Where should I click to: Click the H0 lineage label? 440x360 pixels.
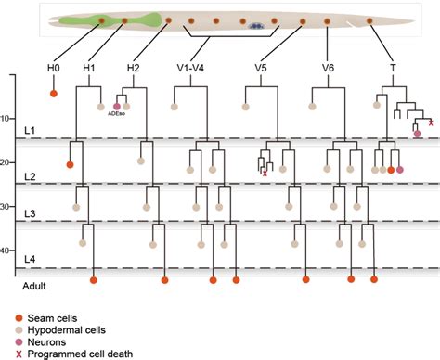tap(54, 68)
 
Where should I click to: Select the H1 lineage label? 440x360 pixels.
tap(89, 68)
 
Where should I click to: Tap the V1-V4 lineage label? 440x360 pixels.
tap(188, 68)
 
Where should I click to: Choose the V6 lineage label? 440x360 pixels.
tap(328, 68)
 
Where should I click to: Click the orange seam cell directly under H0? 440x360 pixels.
tap(54, 93)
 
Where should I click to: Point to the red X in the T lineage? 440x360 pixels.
tap(430, 122)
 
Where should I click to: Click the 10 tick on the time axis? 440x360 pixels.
tap(30, 118)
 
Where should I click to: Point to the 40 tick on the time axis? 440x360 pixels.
tap(30, 250)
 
